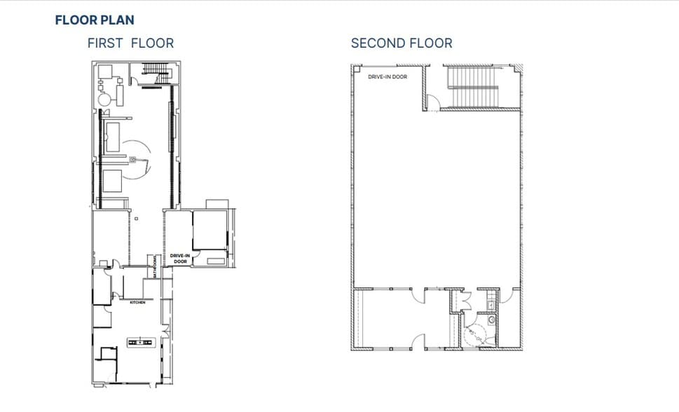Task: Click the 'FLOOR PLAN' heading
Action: click(x=95, y=20)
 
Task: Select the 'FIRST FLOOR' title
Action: click(x=130, y=43)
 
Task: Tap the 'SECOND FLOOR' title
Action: click(x=402, y=43)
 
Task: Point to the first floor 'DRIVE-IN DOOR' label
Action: click(x=180, y=259)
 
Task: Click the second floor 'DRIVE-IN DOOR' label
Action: click(x=388, y=76)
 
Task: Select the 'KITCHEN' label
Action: click(x=137, y=303)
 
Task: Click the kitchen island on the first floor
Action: click(x=140, y=342)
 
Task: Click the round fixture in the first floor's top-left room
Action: click(x=104, y=100)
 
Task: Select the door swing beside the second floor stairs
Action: click(x=434, y=104)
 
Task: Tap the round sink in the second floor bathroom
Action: click(x=492, y=320)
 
